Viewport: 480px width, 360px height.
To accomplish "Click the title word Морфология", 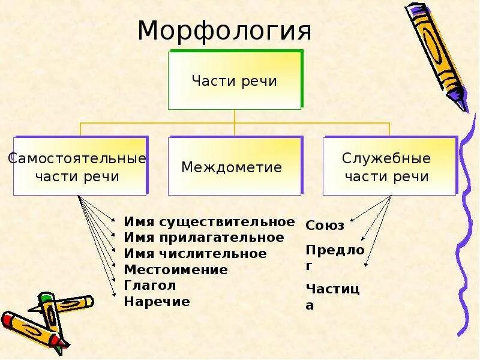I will pos(224,31).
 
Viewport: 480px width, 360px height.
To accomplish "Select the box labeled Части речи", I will pos(234,80).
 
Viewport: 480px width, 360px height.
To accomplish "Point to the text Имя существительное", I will pos(209,222).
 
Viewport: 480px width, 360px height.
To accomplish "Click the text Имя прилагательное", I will pos(204,238).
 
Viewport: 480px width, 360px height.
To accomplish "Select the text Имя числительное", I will pos(195,254).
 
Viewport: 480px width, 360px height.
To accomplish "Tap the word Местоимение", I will pos(176,270).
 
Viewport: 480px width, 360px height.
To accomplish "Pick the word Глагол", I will pos(150,286).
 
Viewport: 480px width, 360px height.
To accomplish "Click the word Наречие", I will pos(157,302).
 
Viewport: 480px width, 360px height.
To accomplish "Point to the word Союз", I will pos(325,226).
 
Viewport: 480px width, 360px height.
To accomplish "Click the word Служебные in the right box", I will pos(386,159).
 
